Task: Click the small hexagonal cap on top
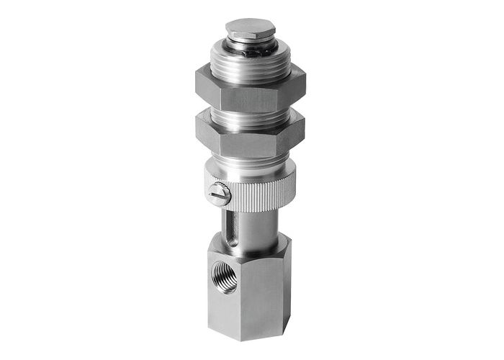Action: tap(251, 30)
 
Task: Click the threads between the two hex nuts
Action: tap(249, 114)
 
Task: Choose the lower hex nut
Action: tap(248, 138)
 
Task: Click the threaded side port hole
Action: tap(225, 276)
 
